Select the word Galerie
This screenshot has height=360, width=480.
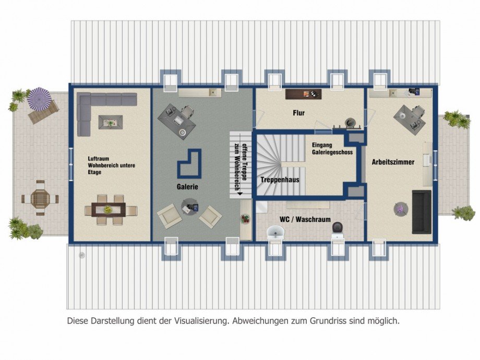pyautogui.click(x=187, y=187)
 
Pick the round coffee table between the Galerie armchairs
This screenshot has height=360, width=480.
pyautogui.click(x=189, y=208)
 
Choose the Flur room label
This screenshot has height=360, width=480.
pyautogui.click(x=298, y=113)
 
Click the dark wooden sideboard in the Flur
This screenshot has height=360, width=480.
pyautogui.click(x=303, y=94)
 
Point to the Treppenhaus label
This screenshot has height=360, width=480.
pyautogui.click(x=280, y=179)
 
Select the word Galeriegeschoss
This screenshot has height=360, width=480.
pyautogui.click(x=332, y=152)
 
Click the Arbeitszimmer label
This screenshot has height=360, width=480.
pyautogui.click(x=393, y=162)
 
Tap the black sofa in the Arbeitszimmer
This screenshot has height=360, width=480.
pyautogui.click(x=422, y=212)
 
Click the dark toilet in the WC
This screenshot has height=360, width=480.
pyautogui.click(x=337, y=228)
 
